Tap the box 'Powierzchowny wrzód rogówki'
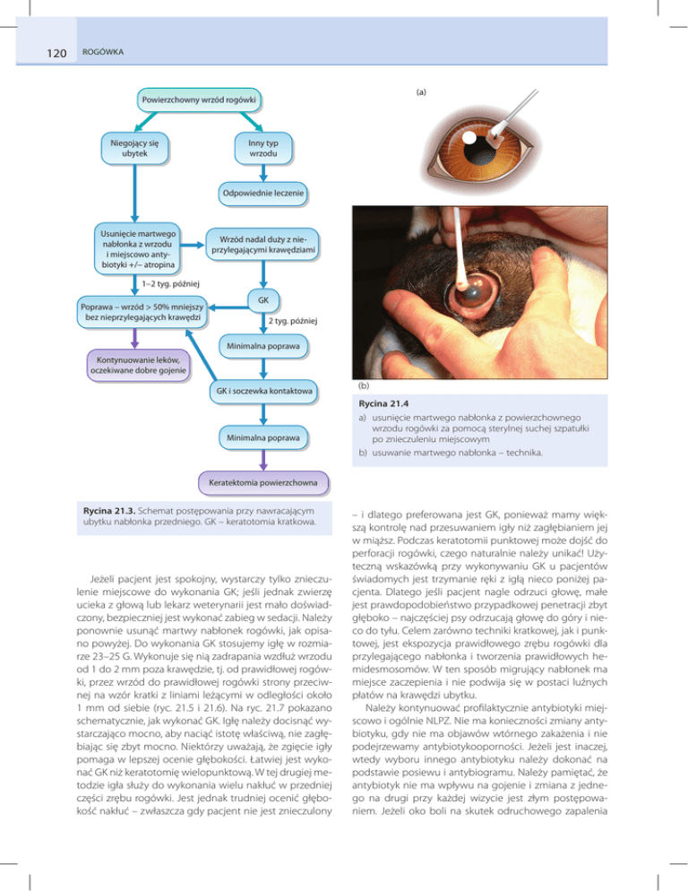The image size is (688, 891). (196, 97)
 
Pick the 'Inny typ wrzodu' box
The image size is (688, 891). (262, 149)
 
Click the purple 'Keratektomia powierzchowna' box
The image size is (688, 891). (262, 485)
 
